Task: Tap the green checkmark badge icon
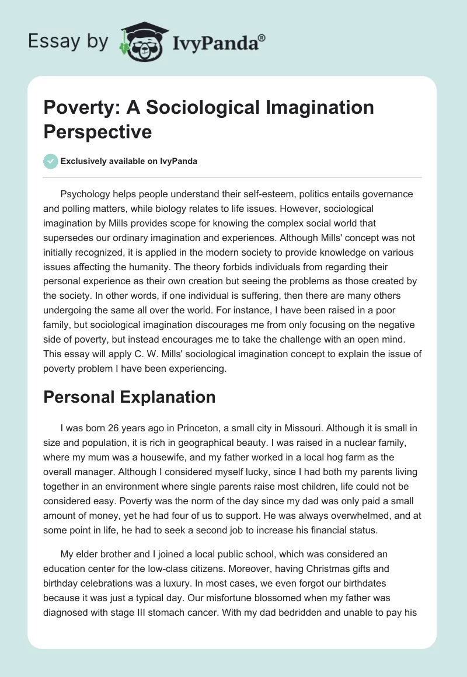51,161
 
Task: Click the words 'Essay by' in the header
68,41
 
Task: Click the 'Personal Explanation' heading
130,397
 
